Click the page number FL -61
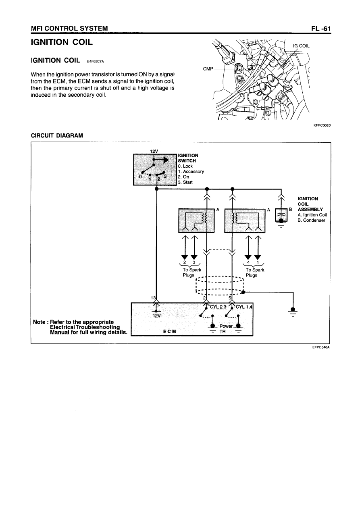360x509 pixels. point(320,28)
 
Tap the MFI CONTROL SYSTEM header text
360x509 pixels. point(69,28)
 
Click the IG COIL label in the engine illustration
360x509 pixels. point(301,46)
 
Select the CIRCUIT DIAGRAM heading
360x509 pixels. point(57,135)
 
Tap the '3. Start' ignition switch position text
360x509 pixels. point(185,182)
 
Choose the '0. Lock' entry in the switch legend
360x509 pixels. point(185,166)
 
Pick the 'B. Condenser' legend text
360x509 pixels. point(311,220)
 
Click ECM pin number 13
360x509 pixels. point(153,298)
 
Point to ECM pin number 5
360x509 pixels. point(230,298)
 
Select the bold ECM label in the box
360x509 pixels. point(169,331)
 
